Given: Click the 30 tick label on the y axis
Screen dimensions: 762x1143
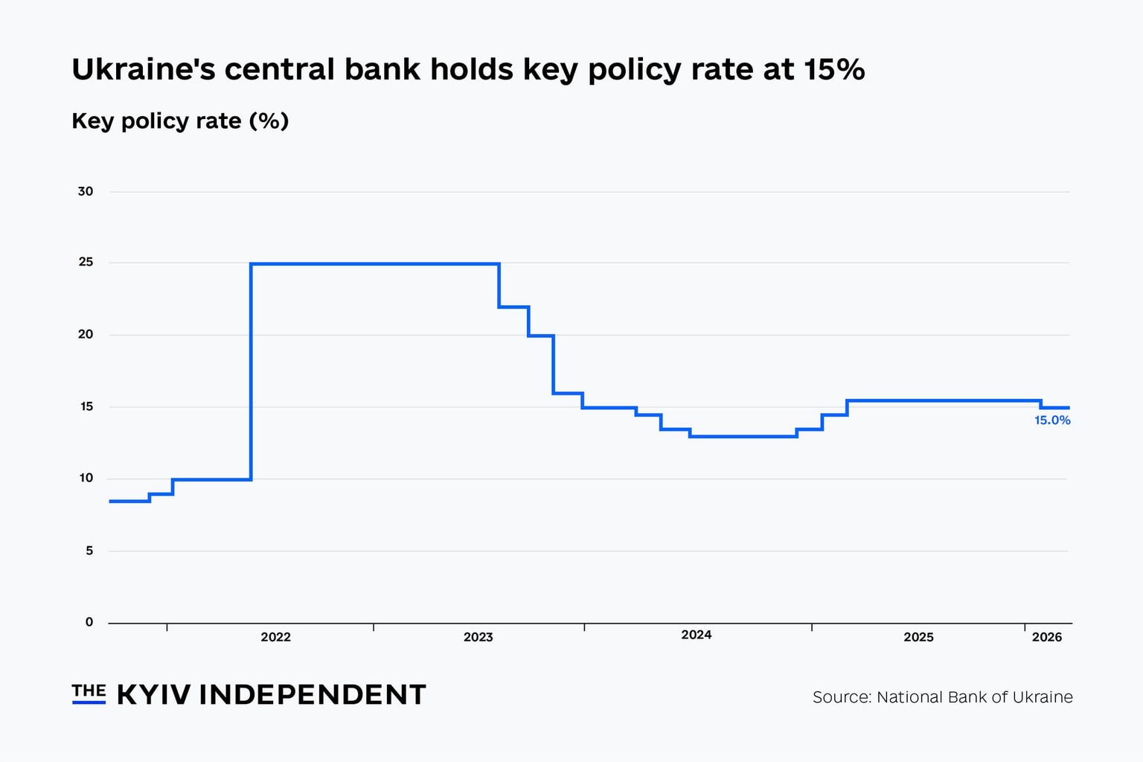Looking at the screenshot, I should pos(86,191).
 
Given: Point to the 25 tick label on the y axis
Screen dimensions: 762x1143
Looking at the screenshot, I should pos(86,262).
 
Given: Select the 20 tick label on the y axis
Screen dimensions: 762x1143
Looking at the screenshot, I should pos(86,334).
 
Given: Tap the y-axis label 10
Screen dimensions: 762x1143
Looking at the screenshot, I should pos(86,478).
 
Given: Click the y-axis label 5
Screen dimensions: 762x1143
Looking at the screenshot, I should pos(89,551).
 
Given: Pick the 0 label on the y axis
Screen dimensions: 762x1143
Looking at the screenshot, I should pos(89,622).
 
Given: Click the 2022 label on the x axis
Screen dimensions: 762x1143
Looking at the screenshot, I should pos(275,637).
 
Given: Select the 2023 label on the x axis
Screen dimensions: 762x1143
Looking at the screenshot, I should pos(478,637).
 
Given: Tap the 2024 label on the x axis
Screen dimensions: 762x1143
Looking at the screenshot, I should pos(696,635).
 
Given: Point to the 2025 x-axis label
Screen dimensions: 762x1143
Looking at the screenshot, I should pos(918,637).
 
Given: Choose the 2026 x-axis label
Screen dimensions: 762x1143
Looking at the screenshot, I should pos(1046,637).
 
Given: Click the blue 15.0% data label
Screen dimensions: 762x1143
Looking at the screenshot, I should pos(1052,420).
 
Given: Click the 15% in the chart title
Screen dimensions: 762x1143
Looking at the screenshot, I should pos(833,69).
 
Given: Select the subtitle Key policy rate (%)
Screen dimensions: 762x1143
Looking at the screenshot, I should pos(180,121).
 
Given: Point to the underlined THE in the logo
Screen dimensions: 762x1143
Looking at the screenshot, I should pos(89,691).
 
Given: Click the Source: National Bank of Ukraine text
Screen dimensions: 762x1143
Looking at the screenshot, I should pos(942,697).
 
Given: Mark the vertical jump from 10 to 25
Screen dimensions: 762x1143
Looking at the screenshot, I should pos(251,372).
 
